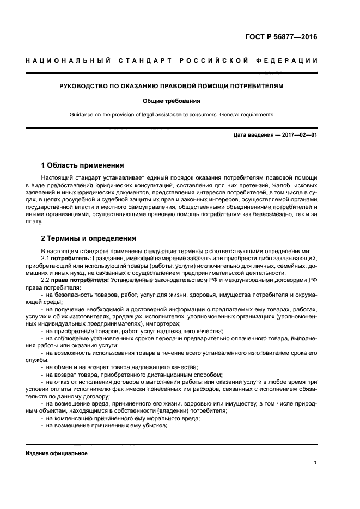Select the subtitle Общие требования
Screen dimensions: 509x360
(x=172, y=101)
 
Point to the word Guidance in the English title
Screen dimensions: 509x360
(x=82, y=115)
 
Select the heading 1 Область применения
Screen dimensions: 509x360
(x=83, y=165)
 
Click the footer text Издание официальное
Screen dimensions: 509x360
(x=56, y=453)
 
